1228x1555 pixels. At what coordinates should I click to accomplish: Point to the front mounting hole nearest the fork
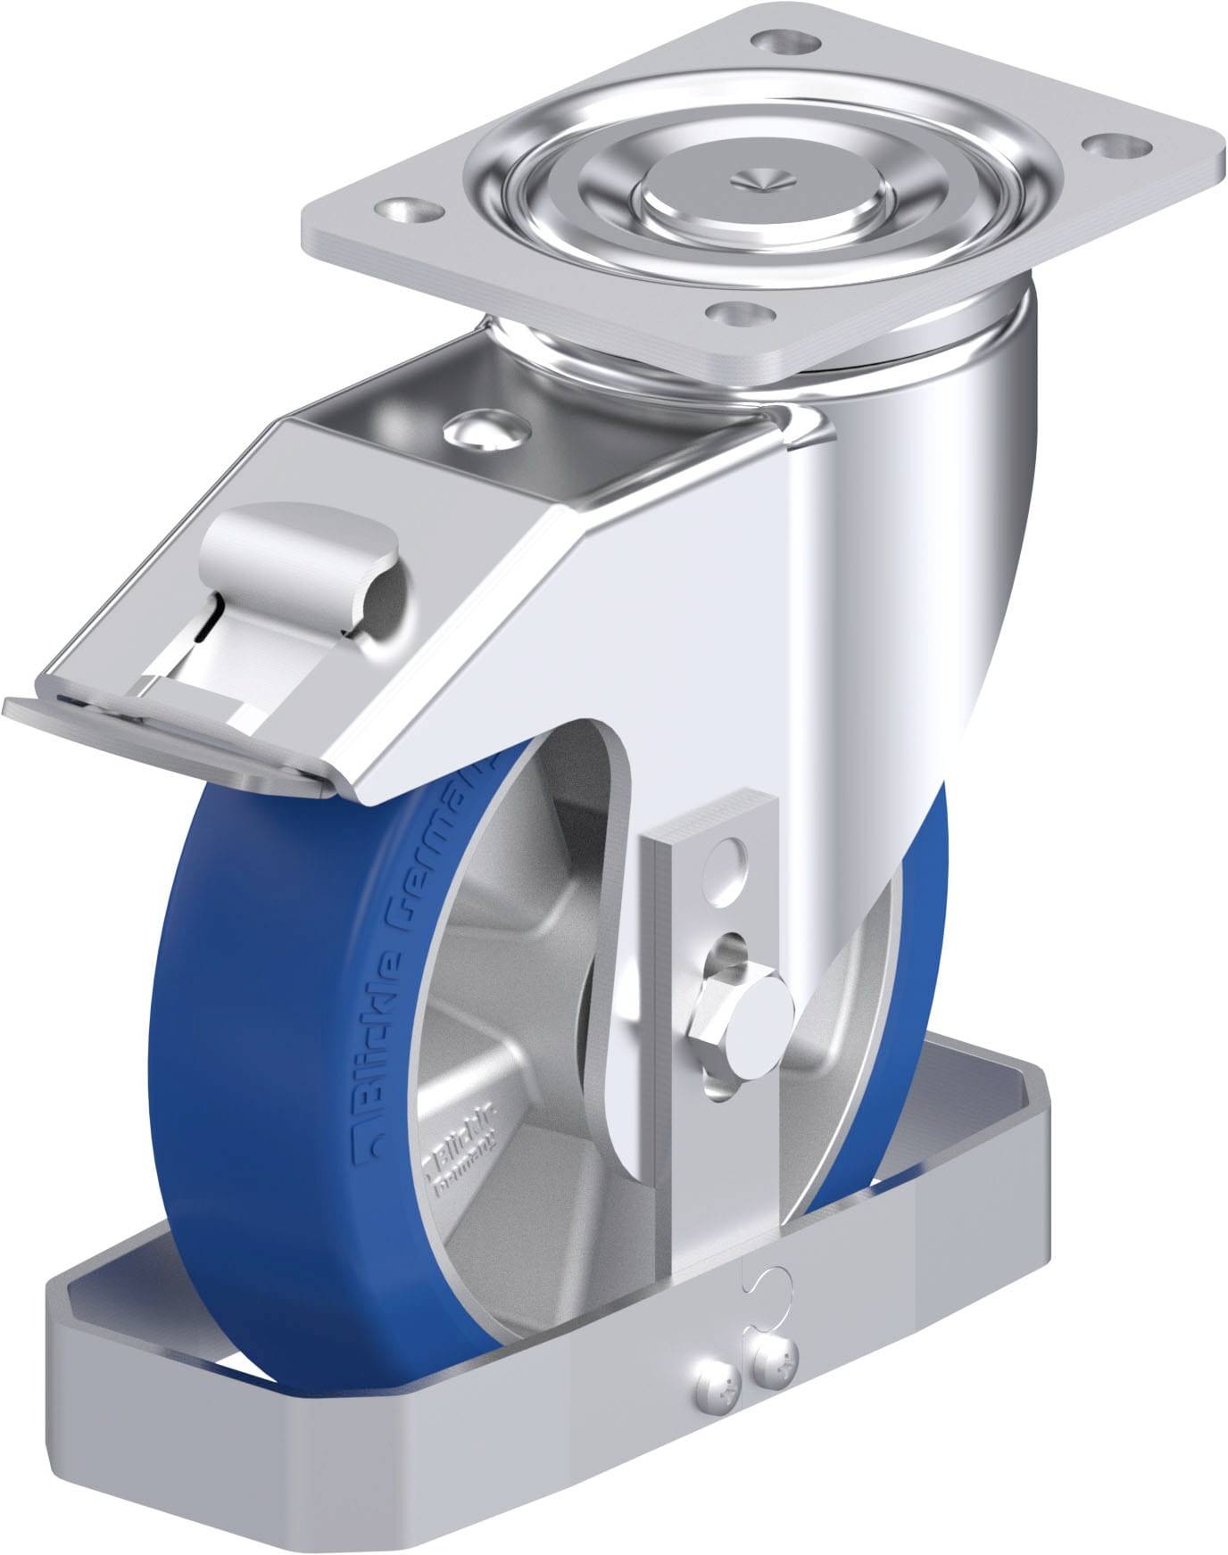coord(739,313)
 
